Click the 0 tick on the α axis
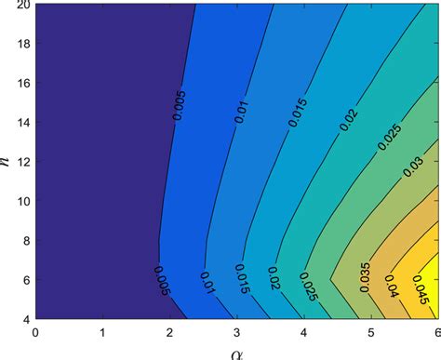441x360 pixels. [x=35, y=331]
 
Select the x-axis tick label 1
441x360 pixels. [x=102, y=331]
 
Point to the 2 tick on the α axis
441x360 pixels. [x=169, y=331]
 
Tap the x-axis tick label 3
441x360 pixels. [x=236, y=331]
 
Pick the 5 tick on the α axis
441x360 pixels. [x=370, y=331]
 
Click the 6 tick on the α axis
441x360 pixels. [x=436, y=331]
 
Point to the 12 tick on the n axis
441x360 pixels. [x=21, y=161]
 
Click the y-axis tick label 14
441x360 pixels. [x=21, y=122]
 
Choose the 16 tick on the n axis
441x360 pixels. [x=21, y=83]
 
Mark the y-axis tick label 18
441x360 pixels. [x=21, y=44]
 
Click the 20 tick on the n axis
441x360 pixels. [x=21, y=6]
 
